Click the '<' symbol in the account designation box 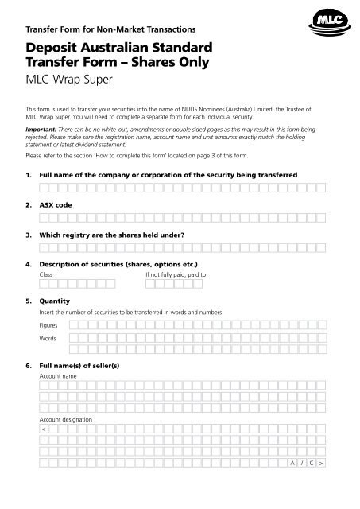(44, 429)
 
